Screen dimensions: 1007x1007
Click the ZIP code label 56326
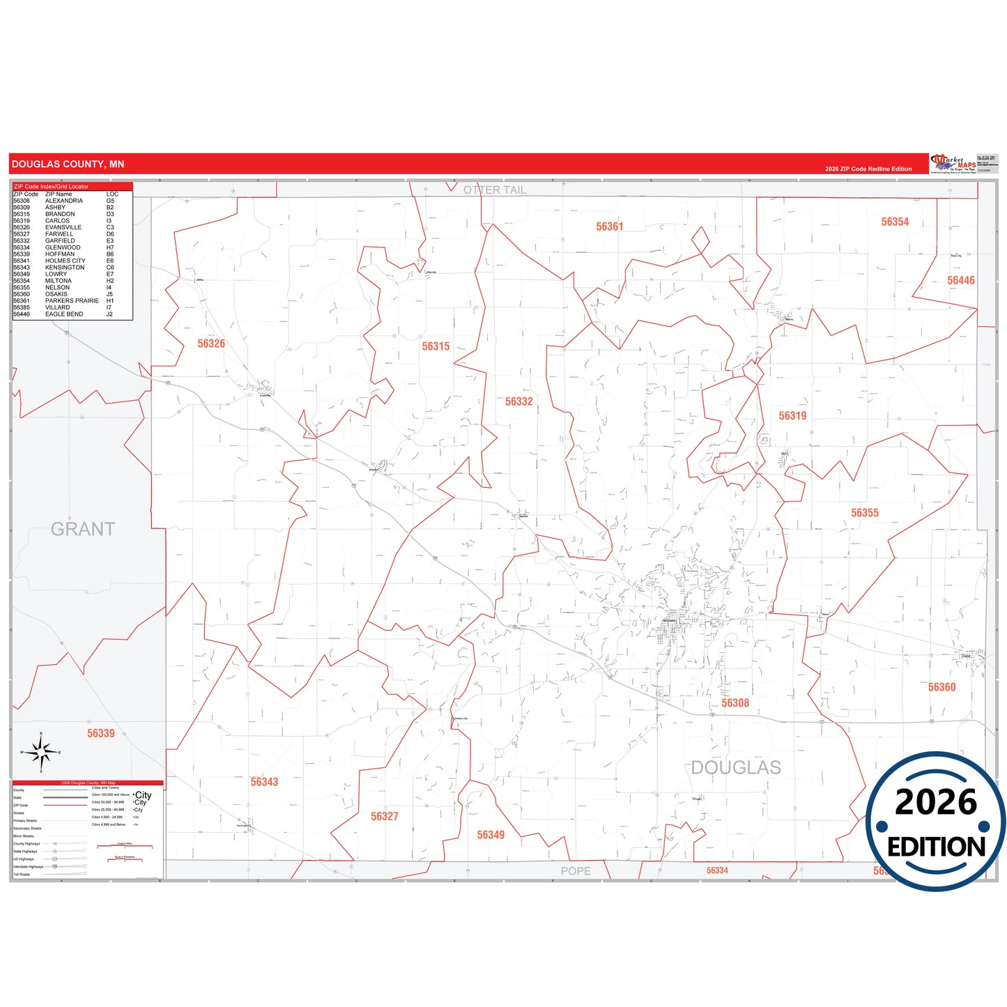(211, 344)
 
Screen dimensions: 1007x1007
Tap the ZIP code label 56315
(436, 346)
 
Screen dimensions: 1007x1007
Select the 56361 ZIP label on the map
(609, 226)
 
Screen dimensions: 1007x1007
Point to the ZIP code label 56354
(895, 222)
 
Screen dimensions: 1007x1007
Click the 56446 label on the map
(960, 280)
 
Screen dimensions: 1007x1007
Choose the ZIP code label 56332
(518, 401)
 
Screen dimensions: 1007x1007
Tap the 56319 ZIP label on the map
(792, 416)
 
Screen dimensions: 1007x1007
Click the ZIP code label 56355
(864, 513)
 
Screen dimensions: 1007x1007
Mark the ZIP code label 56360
(941, 687)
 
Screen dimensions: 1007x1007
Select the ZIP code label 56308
(735, 703)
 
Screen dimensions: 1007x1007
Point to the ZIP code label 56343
(264, 782)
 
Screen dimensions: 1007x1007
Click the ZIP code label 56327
(384, 816)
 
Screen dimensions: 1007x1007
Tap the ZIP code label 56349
(491, 835)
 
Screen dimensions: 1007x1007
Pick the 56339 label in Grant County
(101, 733)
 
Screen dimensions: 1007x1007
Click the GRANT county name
(83, 530)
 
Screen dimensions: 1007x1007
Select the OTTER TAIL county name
(495, 190)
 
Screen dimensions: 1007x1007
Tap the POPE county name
(576, 871)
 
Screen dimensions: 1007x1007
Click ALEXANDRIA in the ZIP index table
(64, 201)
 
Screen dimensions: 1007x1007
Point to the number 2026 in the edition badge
(936, 802)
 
